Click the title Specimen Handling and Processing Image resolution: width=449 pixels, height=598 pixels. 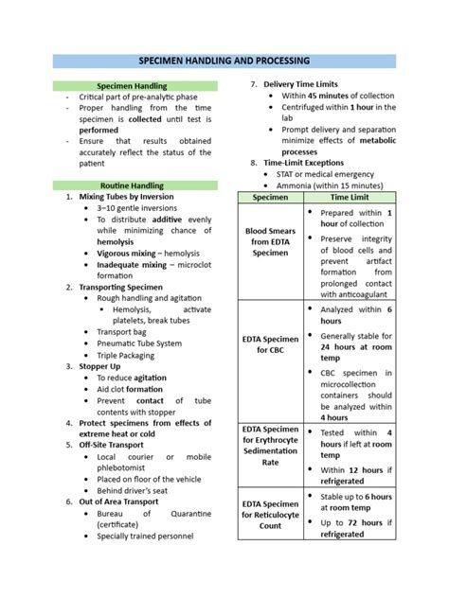(x=224, y=61)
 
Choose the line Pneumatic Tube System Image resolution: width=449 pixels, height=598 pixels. (x=139, y=343)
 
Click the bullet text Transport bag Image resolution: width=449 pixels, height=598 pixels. (x=121, y=332)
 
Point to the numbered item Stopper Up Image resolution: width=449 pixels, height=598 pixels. (x=106, y=366)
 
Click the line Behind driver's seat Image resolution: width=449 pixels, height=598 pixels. (x=135, y=490)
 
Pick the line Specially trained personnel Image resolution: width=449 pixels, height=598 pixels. (x=145, y=536)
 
